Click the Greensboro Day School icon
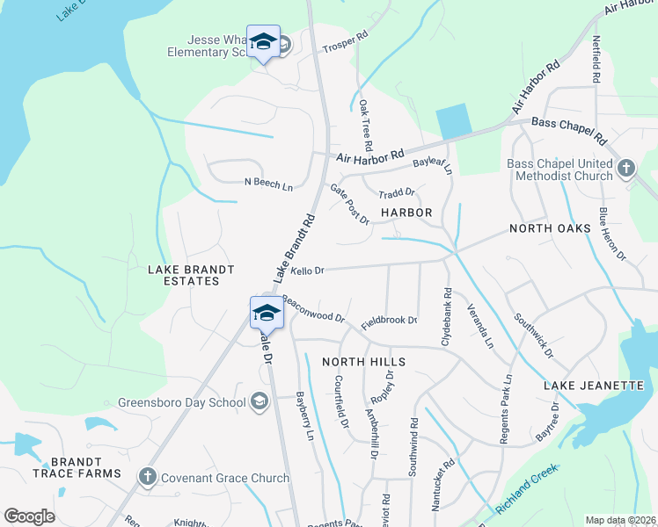pos(260,401)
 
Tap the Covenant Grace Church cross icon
pos(147,477)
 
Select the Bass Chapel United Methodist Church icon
pos(625,168)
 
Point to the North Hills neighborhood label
pos(363,362)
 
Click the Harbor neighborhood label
pos(406,213)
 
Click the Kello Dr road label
pos(308,271)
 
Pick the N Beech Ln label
pos(268,184)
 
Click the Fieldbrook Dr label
pos(388,321)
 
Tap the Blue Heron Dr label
pos(611,235)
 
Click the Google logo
pos(29,517)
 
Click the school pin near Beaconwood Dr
pos(267,313)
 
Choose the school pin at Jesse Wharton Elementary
pos(263,42)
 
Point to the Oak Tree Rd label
pos(366,124)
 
